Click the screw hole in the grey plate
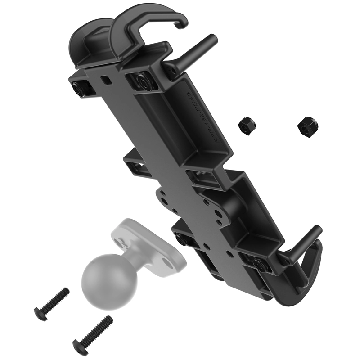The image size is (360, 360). point(121,243)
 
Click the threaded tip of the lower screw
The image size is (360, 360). point(108,320)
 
